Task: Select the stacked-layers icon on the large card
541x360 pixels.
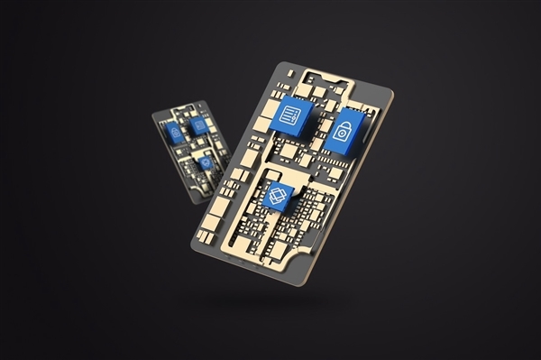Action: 279,192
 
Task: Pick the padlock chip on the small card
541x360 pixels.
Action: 174,134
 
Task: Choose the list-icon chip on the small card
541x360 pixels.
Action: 198,125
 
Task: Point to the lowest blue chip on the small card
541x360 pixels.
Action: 205,163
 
